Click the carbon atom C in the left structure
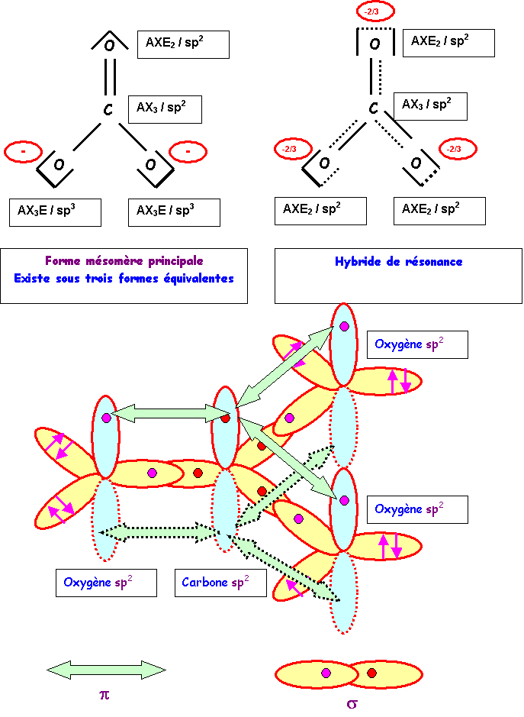[108, 111]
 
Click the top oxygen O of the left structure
[109, 45]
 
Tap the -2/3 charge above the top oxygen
[375, 12]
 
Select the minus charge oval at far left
[24, 152]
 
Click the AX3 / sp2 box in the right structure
[429, 105]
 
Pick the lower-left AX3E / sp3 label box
[56, 212]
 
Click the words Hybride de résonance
[398, 262]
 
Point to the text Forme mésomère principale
[124, 261]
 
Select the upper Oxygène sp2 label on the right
[416, 345]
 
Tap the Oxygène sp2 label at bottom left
[106, 583]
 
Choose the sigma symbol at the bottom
[352, 703]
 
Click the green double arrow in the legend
[106, 670]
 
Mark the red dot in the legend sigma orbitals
[371, 673]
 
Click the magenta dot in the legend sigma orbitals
[326, 673]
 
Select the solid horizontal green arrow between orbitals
[166, 414]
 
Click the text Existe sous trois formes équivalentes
[124, 279]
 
